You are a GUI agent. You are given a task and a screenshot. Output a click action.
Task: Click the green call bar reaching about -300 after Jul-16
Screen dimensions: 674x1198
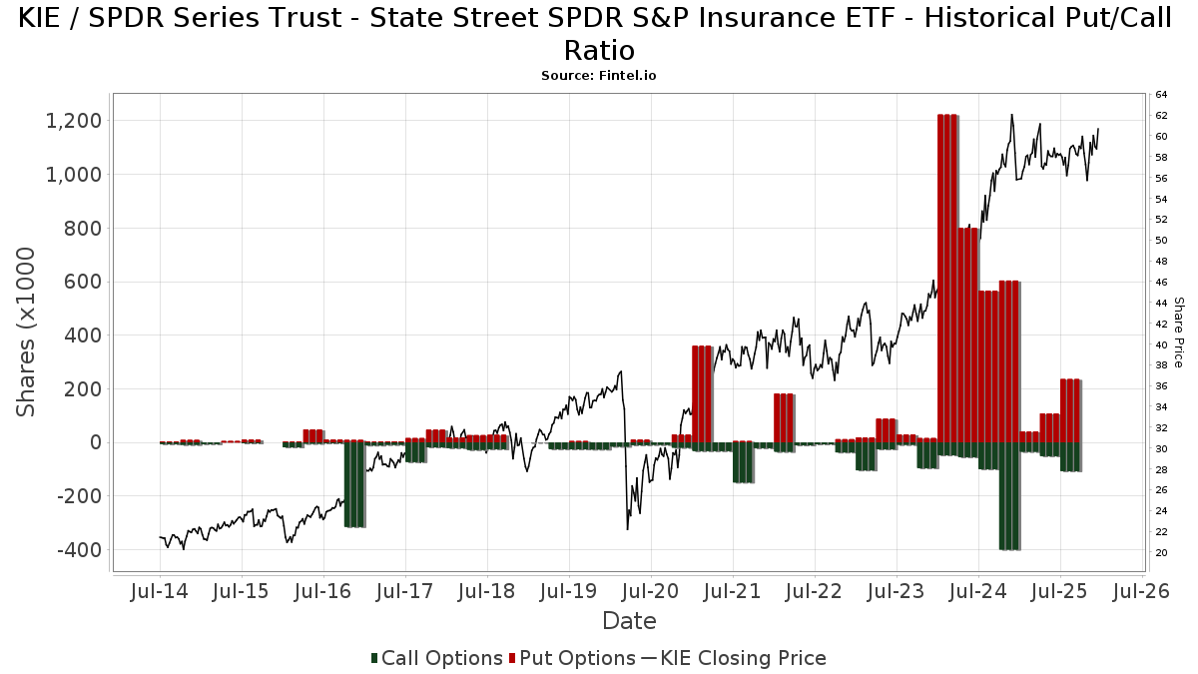(x=353, y=484)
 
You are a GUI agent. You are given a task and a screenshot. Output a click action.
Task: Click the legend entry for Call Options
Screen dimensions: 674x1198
(x=436, y=658)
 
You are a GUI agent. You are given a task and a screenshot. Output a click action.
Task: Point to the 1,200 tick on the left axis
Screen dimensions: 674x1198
(x=74, y=121)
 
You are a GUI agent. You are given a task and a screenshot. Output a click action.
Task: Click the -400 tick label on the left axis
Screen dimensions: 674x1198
(x=75, y=550)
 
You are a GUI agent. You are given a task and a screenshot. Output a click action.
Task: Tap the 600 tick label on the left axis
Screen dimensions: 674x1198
(x=81, y=282)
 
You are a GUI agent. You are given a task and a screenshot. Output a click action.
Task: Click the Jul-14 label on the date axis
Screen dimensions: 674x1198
(x=160, y=590)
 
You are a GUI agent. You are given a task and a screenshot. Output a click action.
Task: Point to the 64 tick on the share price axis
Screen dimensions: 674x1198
(x=1161, y=95)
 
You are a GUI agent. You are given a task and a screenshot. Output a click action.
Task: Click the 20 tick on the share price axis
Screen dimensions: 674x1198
(x=1161, y=552)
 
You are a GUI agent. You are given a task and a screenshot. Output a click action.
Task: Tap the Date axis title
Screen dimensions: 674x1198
(x=629, y=621)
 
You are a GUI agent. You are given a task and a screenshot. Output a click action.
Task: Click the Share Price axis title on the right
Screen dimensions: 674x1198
(x=1178, y=332)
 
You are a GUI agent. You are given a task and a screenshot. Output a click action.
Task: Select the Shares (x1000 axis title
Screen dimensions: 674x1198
(x=28, y=332)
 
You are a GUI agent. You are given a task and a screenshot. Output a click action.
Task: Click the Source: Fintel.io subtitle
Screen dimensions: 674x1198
(x=598, y=75)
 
